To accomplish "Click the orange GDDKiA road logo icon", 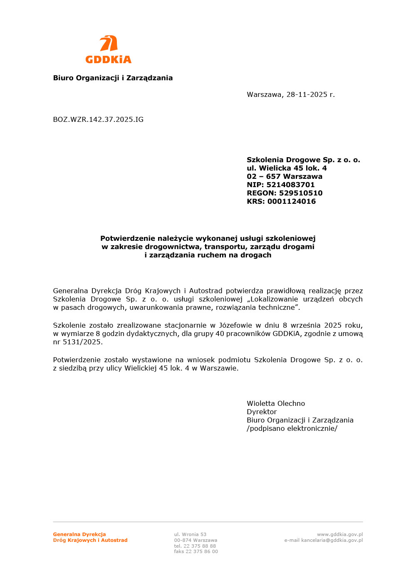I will tap(108, 44).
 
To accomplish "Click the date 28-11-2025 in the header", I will tap(307, 94).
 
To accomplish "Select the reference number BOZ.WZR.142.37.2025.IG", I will tap(98, 119).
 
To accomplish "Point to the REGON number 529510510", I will tap(300, 193).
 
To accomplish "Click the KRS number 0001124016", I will tap(291, 201).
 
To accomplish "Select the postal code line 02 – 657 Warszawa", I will tap(284, 176).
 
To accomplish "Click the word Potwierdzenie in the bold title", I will tap(128, 238).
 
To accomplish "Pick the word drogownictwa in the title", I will tap(173, 247).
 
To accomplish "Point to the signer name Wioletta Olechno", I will tap(275, 403).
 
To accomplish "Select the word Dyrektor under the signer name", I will tap(261, 412).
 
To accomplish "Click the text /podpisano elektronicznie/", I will tap(292, 428).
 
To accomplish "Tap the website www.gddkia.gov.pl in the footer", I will tap(339, 534).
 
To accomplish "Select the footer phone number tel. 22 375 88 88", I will tap(195, 546).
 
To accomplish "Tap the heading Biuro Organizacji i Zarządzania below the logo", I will tap(113, 78).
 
